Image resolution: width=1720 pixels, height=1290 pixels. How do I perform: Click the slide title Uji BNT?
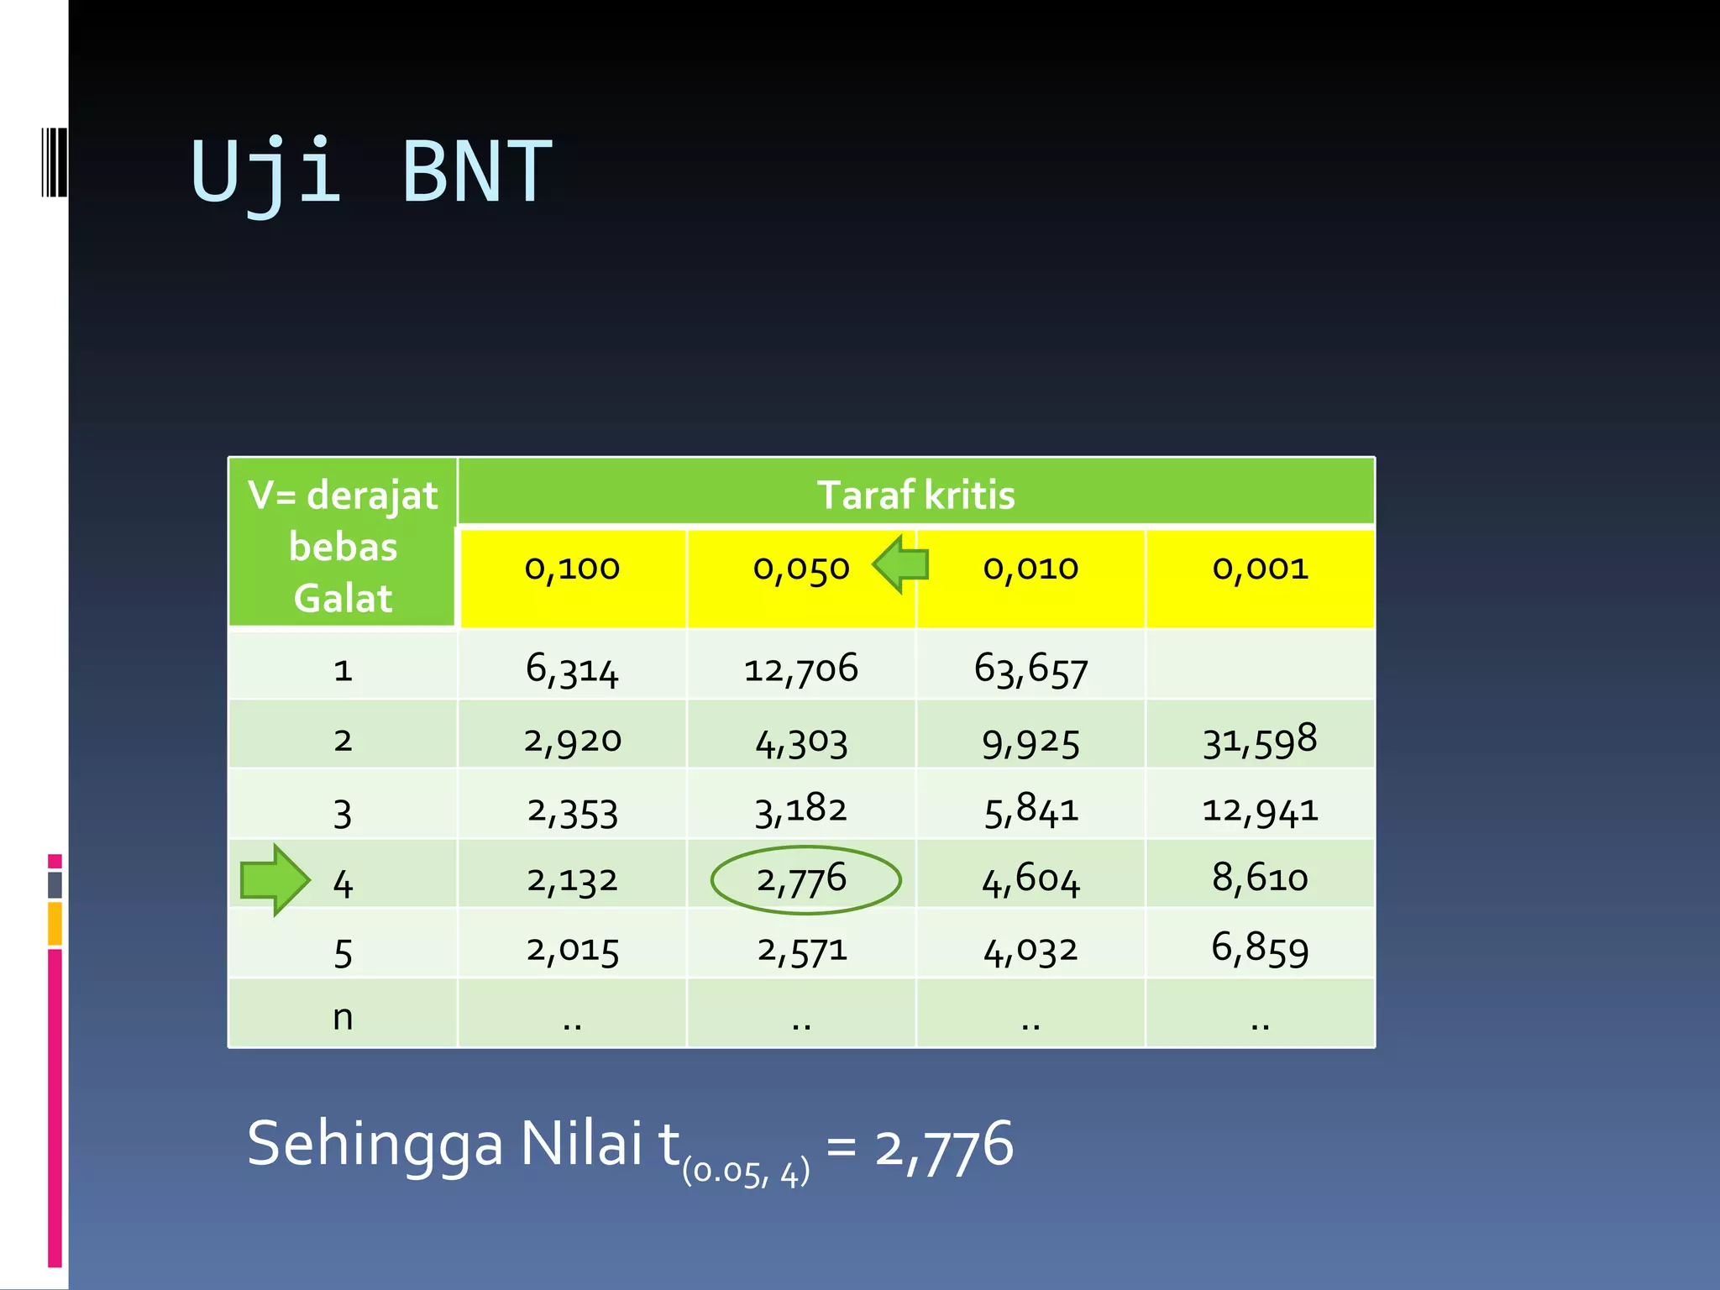click(371, 171)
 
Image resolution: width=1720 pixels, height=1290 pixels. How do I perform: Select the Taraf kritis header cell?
click(915, 494)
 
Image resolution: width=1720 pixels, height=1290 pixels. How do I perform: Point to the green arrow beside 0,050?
click(900, 564)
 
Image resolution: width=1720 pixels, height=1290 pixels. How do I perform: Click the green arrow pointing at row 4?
click(275, 879)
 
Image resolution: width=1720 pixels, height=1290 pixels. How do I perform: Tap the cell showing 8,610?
click(1260, 878)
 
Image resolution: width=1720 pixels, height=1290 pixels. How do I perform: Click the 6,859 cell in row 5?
click(1260, 949)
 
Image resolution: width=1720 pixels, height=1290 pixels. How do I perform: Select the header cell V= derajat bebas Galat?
click(343, 545)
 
